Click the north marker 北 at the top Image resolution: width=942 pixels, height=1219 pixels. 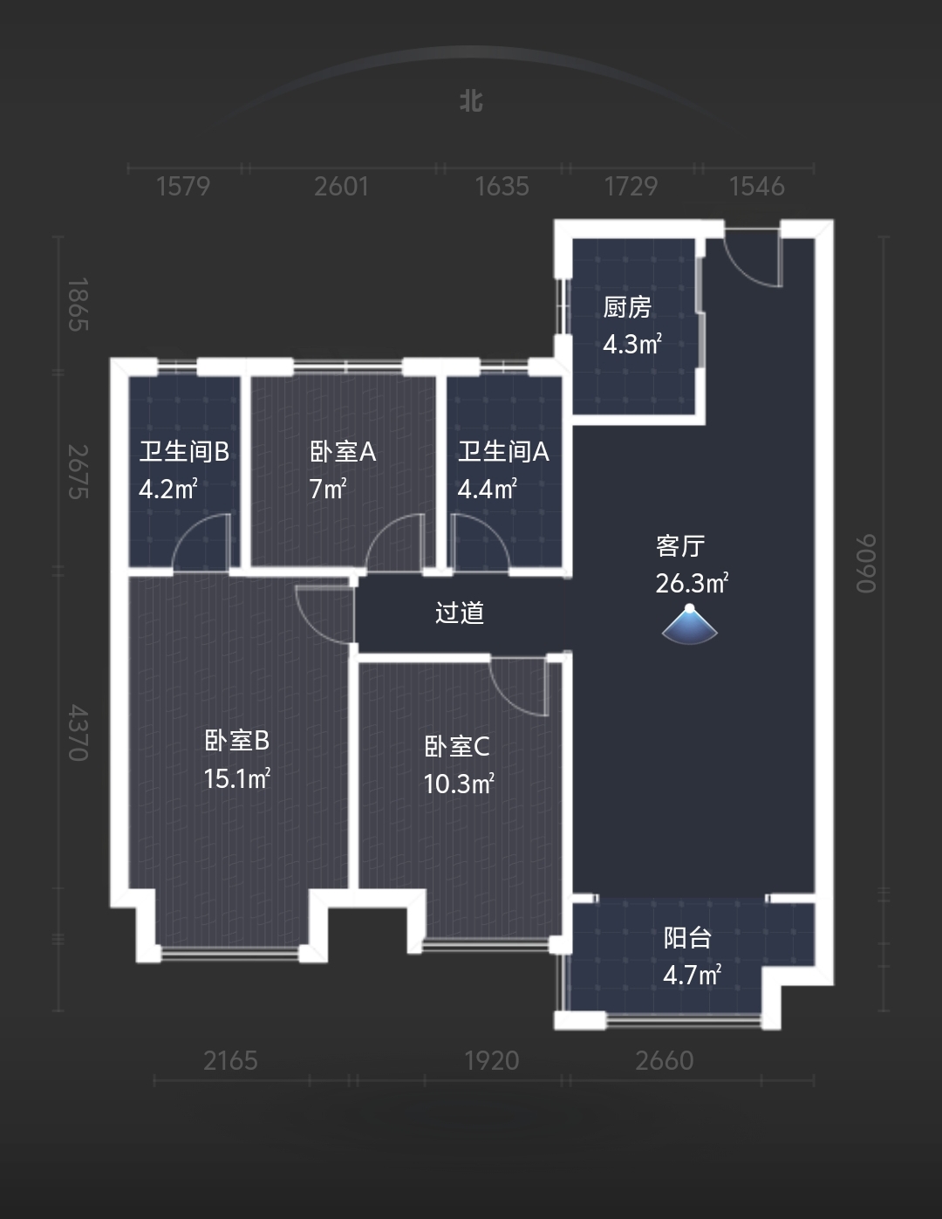[x=471, y=101]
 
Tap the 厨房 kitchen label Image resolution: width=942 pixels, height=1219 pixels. [x=627, y=307]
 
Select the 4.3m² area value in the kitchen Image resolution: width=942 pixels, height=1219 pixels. [x=631, y=344]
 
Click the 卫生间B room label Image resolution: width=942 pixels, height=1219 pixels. [x=184, y=451]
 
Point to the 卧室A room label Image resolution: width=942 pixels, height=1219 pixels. [x=343, y=451]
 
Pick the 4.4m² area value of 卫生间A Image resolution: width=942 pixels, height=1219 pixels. [x=487, y=489]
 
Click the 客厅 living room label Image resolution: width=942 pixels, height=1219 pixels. [x=680, y=545]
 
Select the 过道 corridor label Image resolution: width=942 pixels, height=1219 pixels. [x=460, y=613]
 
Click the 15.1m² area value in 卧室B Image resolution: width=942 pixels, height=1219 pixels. [x=236, y=777]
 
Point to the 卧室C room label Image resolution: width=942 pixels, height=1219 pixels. [x=457, y=746]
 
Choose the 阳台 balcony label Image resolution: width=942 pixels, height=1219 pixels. [x=688, y=937]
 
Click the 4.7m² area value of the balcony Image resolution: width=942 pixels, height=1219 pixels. [x=692, y=975]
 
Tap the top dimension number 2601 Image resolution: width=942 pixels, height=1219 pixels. [x=341, y=186]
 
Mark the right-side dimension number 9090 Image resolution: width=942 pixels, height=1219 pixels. [x=865, y=564]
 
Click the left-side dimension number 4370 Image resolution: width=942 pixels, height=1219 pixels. [x=78, y=733]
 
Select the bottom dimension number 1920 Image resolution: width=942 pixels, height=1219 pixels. [x=491, y=1060]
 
